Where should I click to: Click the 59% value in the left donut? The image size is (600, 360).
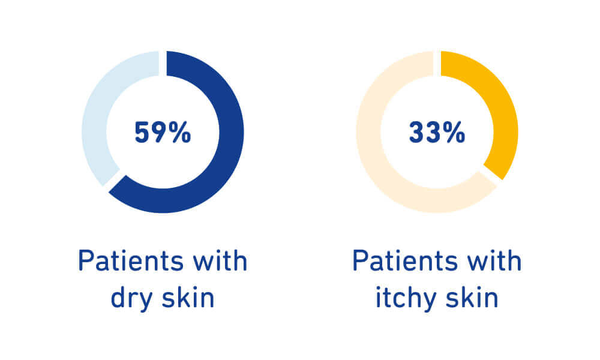tap(163, 133)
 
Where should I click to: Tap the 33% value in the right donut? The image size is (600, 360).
tap(437, 133)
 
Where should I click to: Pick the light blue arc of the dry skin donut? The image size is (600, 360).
tap(95, 115)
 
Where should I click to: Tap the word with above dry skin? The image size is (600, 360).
tap(220, 260)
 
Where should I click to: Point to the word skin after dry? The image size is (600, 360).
tap(188, 297)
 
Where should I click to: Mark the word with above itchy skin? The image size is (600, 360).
tap(494, 260)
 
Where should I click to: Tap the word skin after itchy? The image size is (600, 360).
tap(472, 297)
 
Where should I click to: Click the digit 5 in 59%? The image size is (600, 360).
tap(142, 133)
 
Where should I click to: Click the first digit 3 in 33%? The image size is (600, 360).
tap(416, 133)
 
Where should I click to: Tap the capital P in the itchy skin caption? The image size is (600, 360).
tap(359, 261)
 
